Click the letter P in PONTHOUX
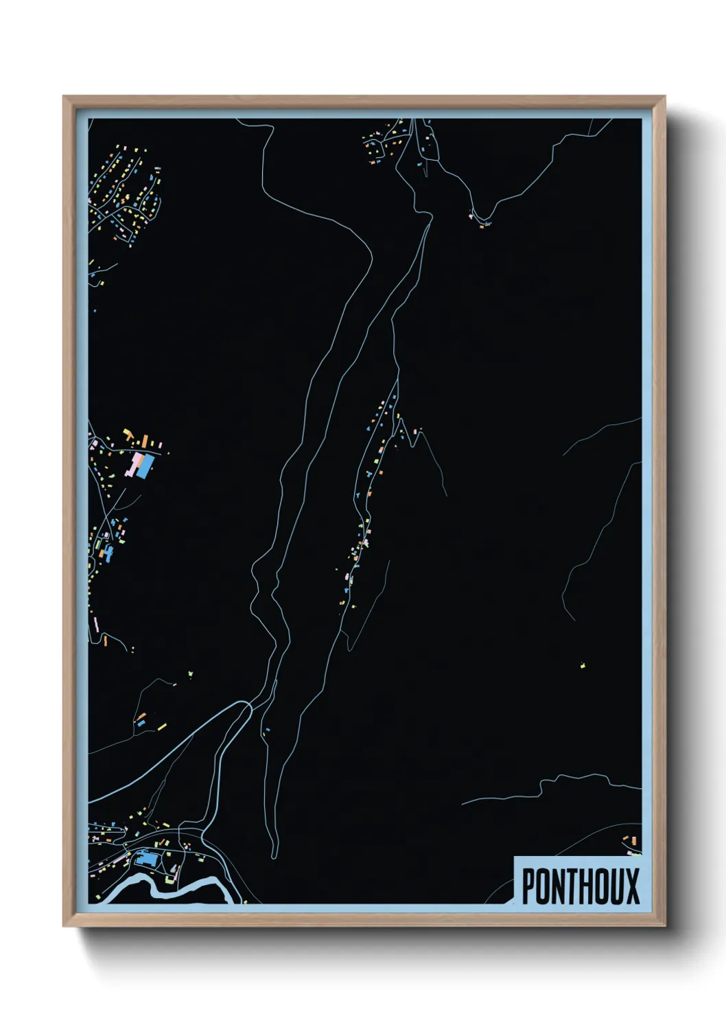click(x=529, y=886)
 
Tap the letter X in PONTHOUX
click(x=631, y=886)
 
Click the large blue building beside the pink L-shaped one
click(x=145, y=467)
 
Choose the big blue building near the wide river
click(x=146, y=858)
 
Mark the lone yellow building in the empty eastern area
click(x=583, y=665)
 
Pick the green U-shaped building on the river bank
click(x=169, y=879)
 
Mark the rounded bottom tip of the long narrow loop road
click(x=274, y=855)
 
